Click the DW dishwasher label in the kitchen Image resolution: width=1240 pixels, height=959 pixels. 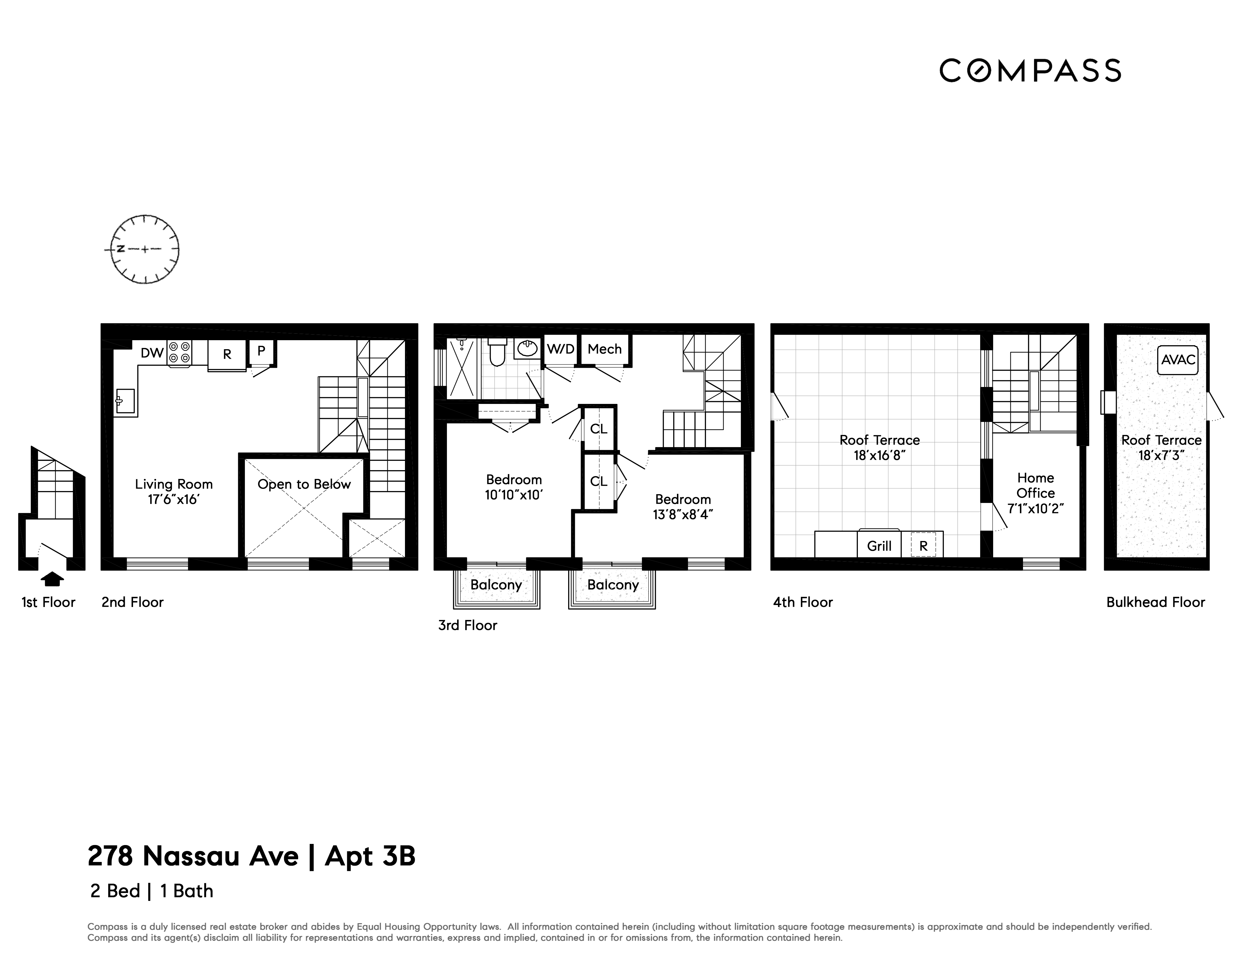click(152, 353)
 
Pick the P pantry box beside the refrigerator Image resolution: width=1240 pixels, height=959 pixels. click(261, 351)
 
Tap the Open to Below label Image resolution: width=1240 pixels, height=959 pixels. click(304, 484)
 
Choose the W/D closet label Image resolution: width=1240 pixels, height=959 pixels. click(560, 349)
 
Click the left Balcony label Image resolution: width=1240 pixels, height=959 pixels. click(496, 585)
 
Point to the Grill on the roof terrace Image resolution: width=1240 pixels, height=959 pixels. click(879, 546)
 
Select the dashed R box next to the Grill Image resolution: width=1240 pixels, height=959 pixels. click(923, 546)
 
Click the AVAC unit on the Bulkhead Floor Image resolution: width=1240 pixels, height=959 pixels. click(1178, 360)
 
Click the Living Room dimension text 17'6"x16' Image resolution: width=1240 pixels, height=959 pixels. click(174, 499)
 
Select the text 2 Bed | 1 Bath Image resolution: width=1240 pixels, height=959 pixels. click(152, 891)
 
